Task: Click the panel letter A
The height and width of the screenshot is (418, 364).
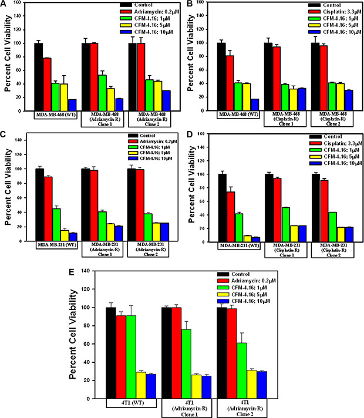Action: pos(5,4)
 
